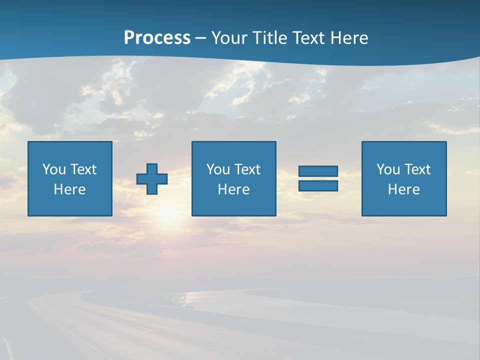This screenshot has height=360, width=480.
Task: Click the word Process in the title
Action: (x=157, y=38)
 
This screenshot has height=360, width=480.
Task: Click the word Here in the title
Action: (x=350, y=38)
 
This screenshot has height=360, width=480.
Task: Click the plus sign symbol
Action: (x=152, y=179)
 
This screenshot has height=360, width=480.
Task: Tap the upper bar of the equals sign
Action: (x=318, y=171)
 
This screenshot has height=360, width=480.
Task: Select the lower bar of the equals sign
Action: (x=318, y=185)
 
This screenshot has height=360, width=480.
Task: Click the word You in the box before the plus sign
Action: (x=53, y=169)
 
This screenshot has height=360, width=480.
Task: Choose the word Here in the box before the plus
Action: (x=69, y=189)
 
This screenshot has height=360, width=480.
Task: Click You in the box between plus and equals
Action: (x=217, y=169)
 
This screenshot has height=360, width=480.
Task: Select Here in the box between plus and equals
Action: (x=233, y=189)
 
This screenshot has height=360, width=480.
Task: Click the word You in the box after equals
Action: (x=387, y=169)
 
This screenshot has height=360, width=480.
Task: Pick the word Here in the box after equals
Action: (x=403, y=189)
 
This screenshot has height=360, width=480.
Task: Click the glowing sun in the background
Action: (x=169, y=212)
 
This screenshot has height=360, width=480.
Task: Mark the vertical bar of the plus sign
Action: (x=152, y=168)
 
